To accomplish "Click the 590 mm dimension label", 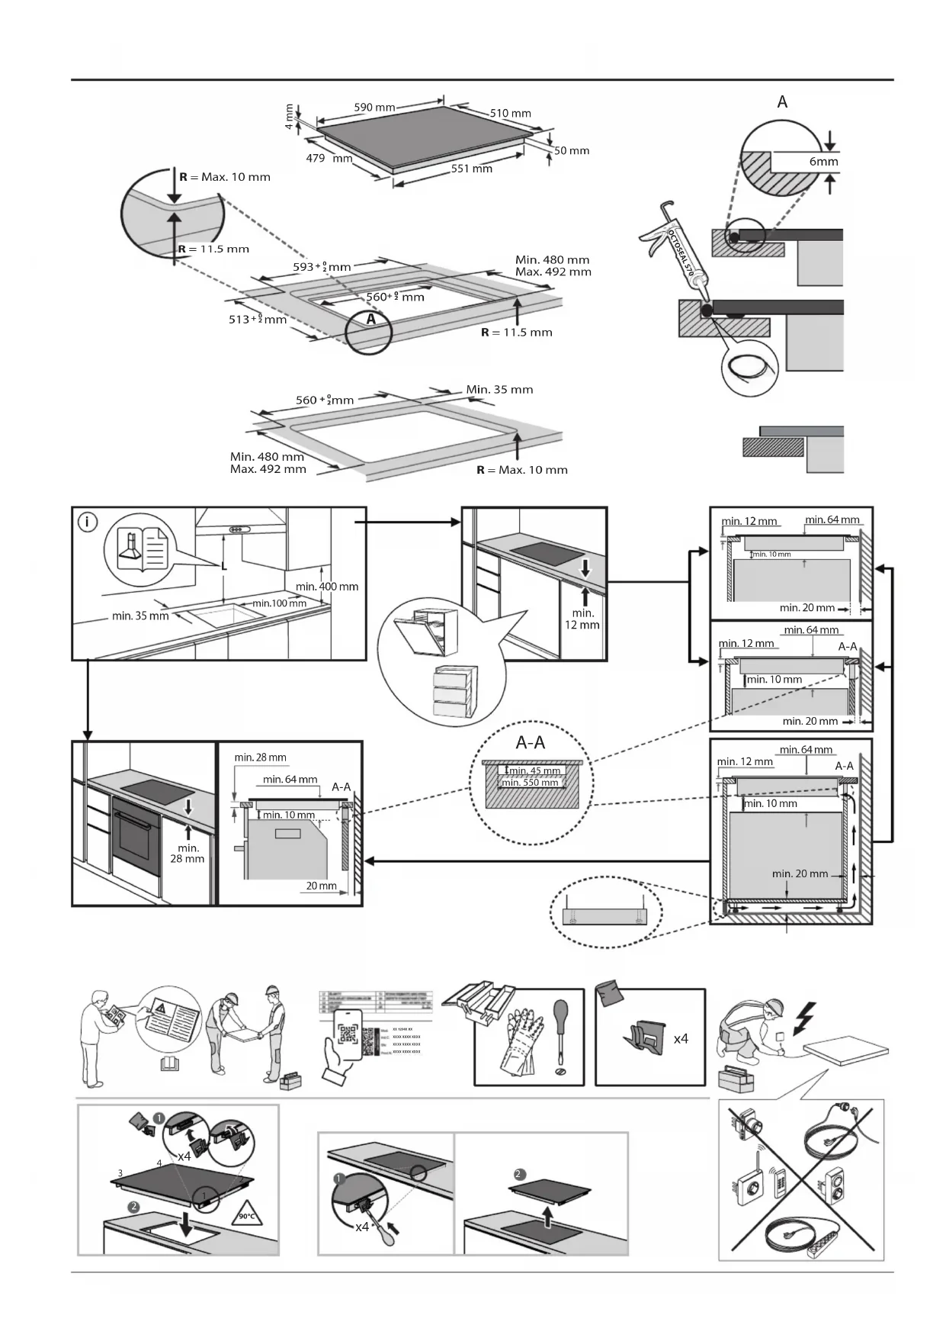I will coord(374,108).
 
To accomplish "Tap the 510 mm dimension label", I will coord(510,114).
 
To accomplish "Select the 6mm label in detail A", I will coord(823,162).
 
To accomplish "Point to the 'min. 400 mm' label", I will coord(326,587).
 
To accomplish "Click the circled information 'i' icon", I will coord(88,523).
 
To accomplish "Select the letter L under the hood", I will coord(224,566).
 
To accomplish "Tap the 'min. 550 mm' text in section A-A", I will coord(530,783).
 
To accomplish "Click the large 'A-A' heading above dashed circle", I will coord(531,742).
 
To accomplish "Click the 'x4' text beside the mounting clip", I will coord(681,1039).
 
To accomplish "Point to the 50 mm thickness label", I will coord(572,151).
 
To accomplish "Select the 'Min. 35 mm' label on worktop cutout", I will coord(499,390).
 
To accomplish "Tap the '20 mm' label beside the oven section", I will coord(321,886).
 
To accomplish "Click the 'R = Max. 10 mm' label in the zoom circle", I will coord(225,177).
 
